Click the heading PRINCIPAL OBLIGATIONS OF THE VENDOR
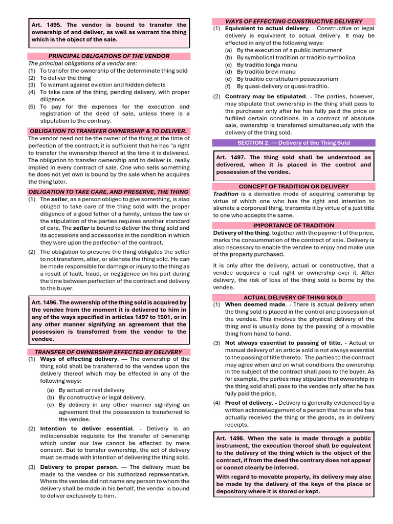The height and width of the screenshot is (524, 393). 108,56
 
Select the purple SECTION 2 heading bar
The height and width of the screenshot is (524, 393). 294,143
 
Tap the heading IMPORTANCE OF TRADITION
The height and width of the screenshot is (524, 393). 294,225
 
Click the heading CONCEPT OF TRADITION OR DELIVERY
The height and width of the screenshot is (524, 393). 294,187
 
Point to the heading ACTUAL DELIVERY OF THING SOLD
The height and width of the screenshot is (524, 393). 294,297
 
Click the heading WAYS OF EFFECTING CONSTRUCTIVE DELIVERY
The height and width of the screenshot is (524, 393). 294,21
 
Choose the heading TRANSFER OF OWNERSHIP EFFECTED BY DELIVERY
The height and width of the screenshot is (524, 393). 108,352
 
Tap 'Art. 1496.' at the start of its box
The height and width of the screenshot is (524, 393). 45,302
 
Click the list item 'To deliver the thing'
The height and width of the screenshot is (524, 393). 65,78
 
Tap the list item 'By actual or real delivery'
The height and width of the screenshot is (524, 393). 92,390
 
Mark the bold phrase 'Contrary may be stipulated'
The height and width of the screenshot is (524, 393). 265,96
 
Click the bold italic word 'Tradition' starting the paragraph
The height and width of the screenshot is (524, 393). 226,194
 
